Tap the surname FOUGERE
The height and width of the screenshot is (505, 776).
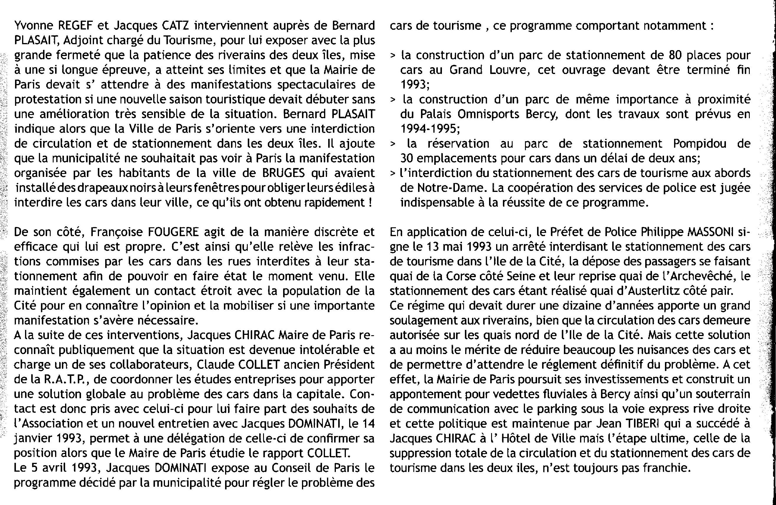(173, 232)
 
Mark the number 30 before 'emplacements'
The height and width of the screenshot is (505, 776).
(407, 159)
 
